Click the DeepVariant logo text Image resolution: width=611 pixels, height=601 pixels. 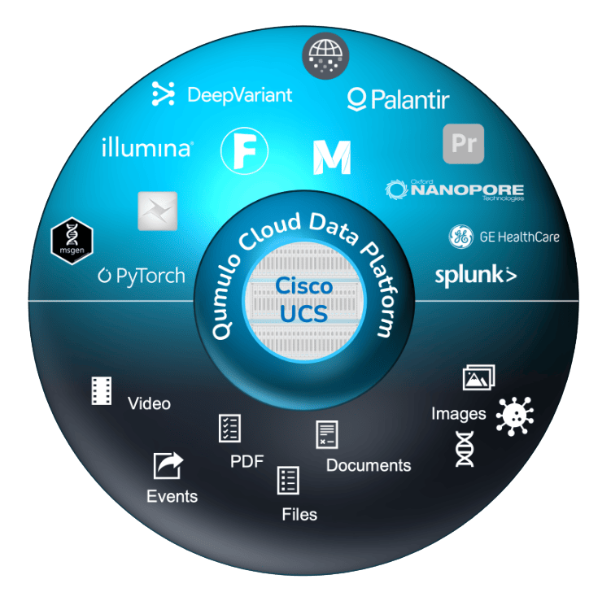[x=222, y=95]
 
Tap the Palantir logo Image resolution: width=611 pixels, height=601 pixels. [x=398, y=100]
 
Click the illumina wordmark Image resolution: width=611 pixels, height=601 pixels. [x=147, y=148]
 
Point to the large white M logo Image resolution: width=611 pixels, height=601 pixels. [x=331, y=157]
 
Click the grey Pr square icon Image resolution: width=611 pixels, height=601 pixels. [x=463, y=145]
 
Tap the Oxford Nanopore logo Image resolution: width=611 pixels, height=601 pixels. [x=455, y=190]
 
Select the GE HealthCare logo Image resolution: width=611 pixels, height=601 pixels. [x=504, y=237]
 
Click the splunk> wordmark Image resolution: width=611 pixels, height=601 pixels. [x=475, y=275]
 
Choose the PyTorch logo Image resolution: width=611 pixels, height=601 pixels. [x=142, y=276]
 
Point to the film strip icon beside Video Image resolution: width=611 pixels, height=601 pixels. [x=101, y=391]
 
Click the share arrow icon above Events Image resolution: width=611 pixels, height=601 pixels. [x=168, y=466]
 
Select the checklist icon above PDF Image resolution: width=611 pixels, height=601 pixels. [x=229, y=428]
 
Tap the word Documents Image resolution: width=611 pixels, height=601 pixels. [x=369, y=465]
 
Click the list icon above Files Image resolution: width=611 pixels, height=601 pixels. [x=288, y=480]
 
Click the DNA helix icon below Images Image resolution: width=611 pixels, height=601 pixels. [x=465, y=449]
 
